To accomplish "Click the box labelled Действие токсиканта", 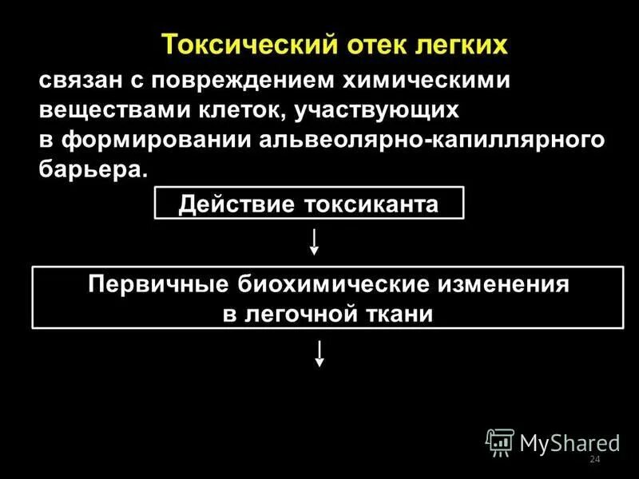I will (308, 204).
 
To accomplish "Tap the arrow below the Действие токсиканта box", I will (315, 242).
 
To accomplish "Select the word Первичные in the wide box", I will (157, 285).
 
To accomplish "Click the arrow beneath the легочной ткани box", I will (319, 353).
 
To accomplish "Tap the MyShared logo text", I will (570, 441).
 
